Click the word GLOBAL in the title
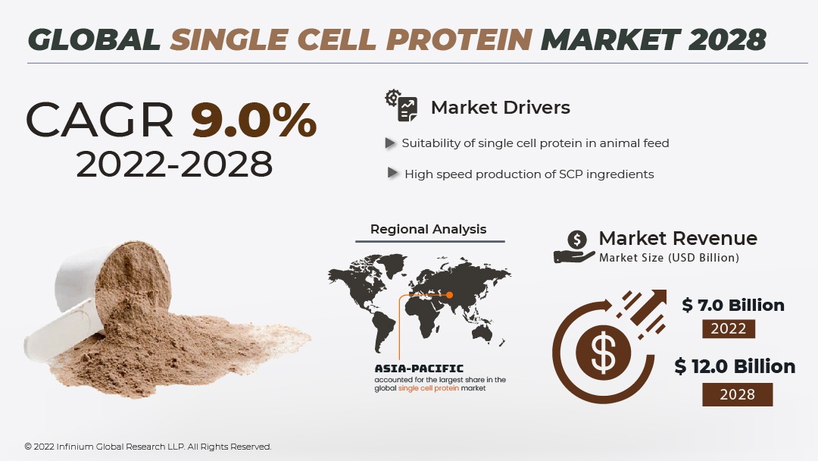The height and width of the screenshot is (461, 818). point(95,39)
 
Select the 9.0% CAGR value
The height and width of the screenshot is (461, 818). point(253,121)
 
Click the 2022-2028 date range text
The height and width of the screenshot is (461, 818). point(174,164)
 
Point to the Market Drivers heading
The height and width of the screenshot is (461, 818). point(500,108)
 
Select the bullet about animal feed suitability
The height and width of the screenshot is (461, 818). point(535,143)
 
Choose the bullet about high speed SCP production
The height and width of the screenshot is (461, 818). point(529,174)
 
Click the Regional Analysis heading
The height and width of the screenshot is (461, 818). point(428,229)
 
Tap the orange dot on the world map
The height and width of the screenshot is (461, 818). point(449,294)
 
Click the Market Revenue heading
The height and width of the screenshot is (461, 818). point(677,238)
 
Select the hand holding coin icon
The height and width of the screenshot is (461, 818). point(575,247)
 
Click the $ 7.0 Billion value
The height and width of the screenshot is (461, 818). point(732,306)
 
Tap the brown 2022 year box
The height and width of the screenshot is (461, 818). point(729,329)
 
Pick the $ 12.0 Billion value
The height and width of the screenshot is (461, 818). point(735,367)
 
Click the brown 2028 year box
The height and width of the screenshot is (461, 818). point(737,394)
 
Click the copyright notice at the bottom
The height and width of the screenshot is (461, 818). point(148,447)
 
